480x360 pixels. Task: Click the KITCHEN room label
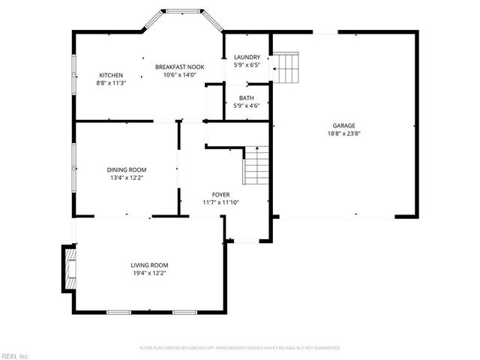tap(111, 75)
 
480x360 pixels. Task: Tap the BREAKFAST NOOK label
tap(179, 67)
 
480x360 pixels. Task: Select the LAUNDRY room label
tap(247, 57)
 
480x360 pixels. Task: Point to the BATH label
tap(246, 98)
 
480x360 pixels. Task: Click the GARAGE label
tap(344, 125)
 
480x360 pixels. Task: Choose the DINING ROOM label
tap(126, 169)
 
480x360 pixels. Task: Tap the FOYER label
tap(220, 193)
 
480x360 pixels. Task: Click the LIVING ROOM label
tap(149, 265)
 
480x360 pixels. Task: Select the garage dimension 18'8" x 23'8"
tap(344, 134)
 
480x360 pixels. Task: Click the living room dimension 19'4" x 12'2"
tap(149, 274)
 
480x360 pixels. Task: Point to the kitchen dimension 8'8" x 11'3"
tap(111, 83)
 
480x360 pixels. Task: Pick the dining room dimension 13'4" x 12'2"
tap(126, 178)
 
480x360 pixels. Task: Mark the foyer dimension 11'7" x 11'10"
tap(220, 202)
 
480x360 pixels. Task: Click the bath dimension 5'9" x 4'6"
tap(246, 106)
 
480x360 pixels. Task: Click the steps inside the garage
tap(286, 67)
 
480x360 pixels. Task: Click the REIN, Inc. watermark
tap(15, 355)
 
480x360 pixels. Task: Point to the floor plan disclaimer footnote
tap(240, 348)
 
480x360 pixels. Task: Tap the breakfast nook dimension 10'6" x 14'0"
tap(179, 75)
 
